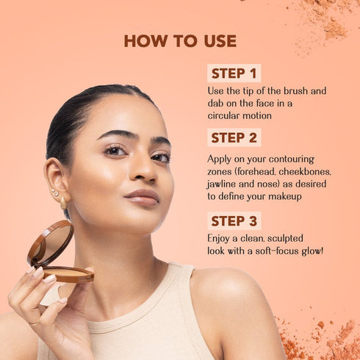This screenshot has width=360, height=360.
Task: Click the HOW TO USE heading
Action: (x=180, y=40)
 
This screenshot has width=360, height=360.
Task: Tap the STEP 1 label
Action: (x=234, y=73)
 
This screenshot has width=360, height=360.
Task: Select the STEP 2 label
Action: (x=234, y=137)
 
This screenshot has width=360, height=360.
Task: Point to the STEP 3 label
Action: (x=234, y=220)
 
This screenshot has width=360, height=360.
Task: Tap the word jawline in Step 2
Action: (x=223, y=183)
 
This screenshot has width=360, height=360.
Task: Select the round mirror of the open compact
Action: (x=51, y=242)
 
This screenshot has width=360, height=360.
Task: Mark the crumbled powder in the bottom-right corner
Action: (x=328, y=338)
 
